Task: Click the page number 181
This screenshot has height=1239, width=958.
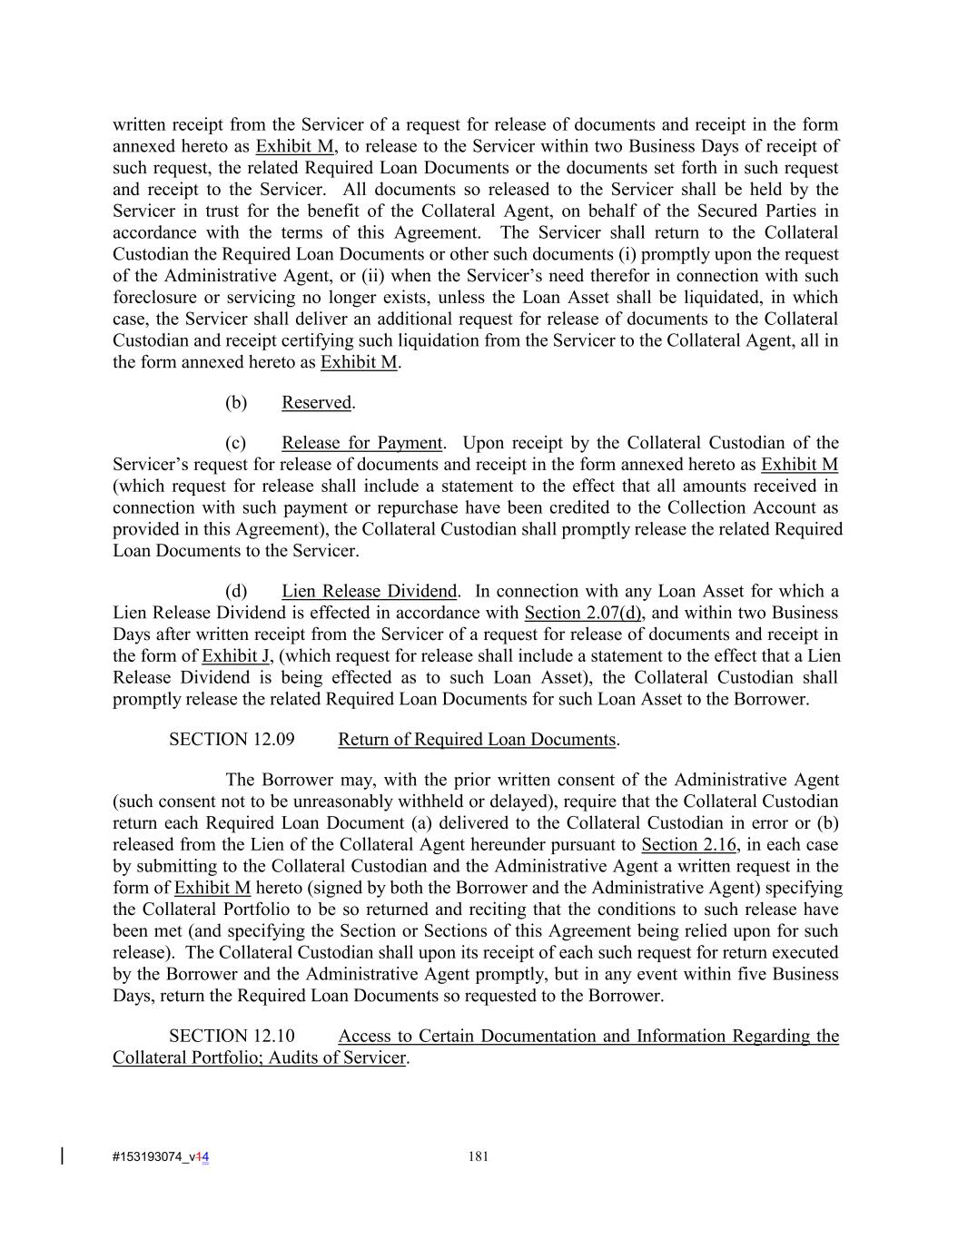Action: (479, 1156)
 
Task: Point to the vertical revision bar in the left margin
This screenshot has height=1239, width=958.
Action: (62, 1155)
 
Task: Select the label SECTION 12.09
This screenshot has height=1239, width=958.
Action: (232, 740)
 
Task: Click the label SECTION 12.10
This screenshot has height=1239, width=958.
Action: (232, 1037)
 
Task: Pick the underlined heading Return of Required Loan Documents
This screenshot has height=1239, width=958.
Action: (477, 740)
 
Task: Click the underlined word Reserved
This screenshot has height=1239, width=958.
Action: (316, 403)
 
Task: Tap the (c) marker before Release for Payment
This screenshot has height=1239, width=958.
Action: (235, 444)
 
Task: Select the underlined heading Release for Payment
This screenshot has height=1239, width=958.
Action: (361, 444)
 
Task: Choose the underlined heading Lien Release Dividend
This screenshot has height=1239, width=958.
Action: (369, 592)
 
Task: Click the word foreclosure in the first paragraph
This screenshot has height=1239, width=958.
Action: (155, 298)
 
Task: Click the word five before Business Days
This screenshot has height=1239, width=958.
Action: (751, 975)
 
